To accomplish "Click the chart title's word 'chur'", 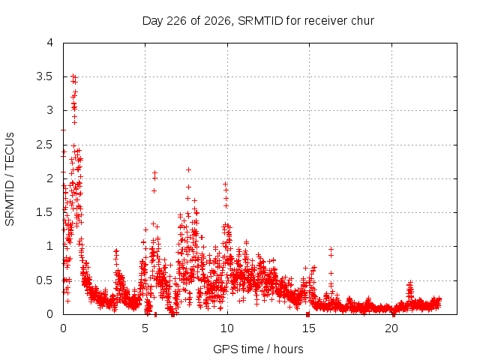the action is [x=363, y=21].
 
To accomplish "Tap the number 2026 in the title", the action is [x=217, y=21].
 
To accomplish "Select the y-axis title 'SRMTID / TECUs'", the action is [x=10, y=179].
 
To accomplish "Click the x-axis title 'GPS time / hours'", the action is [x=258, y=349].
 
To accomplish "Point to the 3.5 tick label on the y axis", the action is [x=45, y=76].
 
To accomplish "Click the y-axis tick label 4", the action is [x=50, y=43].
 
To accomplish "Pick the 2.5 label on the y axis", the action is [x=45, y=145].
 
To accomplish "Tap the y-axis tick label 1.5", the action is [x=45, y=212].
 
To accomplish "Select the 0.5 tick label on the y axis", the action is [x=45, y=280].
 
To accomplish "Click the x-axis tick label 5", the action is [x=145, y=328].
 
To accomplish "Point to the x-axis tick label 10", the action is [x=226, y=328].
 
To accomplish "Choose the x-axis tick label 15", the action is [x=309, y=328].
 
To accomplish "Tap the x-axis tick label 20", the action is [x=391, y=328].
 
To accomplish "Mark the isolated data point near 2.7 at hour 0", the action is [x=63, y=130].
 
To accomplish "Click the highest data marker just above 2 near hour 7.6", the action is [x=188, y=170].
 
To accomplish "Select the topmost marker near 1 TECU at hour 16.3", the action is [x=331, y=249].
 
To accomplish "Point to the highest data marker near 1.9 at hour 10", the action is [x=225, y=184].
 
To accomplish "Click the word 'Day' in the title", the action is [x=153, y=21].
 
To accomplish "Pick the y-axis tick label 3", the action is [x=50, y=110].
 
